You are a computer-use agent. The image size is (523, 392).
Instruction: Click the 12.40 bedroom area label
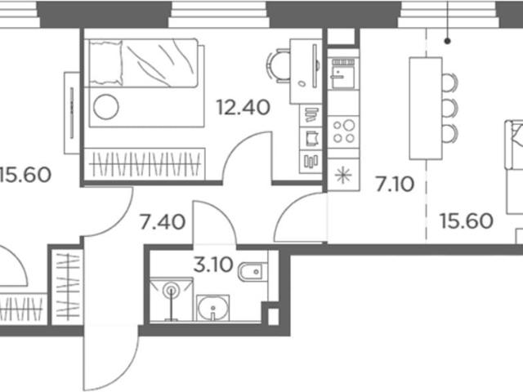tap(244, 107)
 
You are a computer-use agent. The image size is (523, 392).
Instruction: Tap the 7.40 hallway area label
tap(163, 222)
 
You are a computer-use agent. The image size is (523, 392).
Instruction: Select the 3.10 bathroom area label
tap(213, 265)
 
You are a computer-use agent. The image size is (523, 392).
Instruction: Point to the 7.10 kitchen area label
tap(395, 184)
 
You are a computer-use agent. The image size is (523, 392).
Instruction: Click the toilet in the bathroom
tap(253, 272)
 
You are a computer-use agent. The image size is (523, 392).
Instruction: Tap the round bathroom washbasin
tap(212, 308)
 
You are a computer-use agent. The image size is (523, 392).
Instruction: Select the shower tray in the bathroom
tap(172, 299)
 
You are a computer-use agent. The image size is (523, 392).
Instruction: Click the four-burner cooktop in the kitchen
tap(343, 131)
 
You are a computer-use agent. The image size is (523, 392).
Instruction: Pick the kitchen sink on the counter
tap(343, 73)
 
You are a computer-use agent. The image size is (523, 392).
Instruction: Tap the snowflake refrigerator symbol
tap(343, 176)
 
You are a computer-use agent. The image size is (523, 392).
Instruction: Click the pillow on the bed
tap(105, 62)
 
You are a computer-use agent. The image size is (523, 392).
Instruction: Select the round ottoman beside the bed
tap(106, 107)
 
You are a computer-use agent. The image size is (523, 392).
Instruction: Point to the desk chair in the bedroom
tap(278, 65)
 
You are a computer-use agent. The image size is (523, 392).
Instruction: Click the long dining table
tap(426, 109)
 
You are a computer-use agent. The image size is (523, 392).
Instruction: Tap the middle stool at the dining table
tap(450, 108)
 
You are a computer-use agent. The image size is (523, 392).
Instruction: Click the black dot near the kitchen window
tap(448, 42)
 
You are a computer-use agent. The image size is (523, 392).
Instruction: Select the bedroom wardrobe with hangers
tap(145, 164)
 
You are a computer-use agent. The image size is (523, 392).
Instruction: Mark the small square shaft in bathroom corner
tap(273, 317)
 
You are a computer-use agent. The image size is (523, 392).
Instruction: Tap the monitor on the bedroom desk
tap(315, 66)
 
